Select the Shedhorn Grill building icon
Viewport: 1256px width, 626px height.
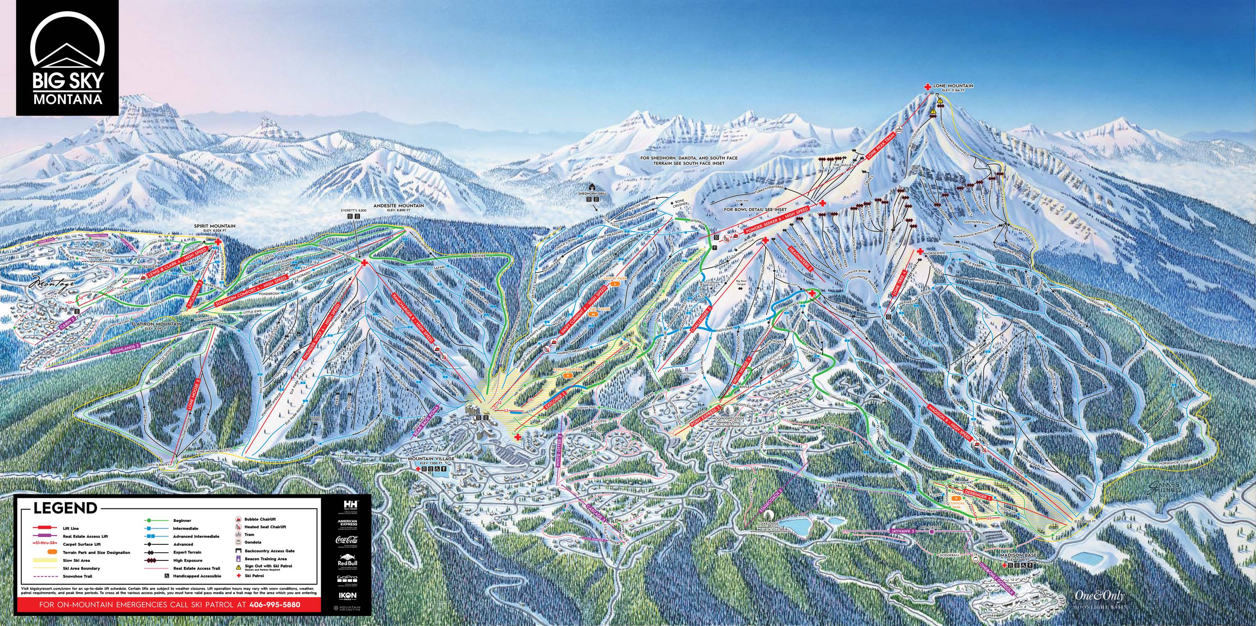[592, 187]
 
